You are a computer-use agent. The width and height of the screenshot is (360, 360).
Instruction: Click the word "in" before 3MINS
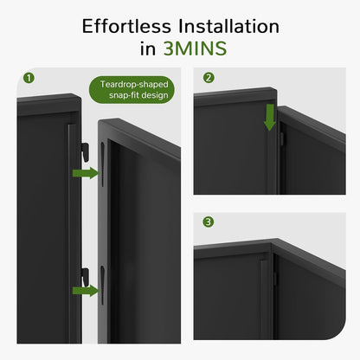point(152,49)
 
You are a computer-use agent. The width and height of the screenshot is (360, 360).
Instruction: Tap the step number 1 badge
point(29,78)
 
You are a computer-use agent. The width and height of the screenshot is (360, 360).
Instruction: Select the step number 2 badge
point(208,78)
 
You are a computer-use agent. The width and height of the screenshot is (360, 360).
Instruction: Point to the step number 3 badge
point(208,222)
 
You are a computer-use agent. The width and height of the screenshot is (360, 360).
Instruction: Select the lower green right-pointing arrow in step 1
point(85,290)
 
